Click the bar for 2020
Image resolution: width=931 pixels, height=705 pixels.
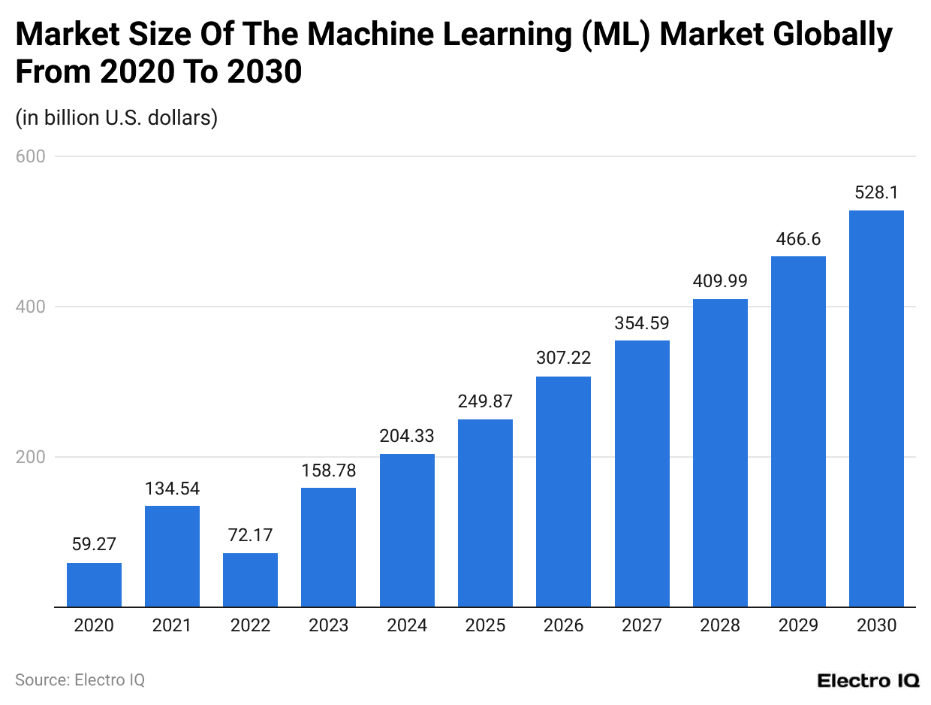click(x=94, y=585)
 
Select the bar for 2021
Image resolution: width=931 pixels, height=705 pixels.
click(x=172, y=556)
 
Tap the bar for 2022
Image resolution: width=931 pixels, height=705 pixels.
click(x=250, y=579)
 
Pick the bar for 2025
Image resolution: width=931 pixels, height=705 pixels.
click(x=485, y=513)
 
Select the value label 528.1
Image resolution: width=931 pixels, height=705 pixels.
click(x=876, y=193)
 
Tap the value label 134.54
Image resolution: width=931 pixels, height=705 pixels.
click(x=172, y=489)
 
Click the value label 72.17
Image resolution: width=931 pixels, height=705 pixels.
click(x=250, y=536)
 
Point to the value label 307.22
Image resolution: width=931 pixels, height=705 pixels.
click(x=563, y=359)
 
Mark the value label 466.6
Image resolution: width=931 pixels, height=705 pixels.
click(x=798, y=239)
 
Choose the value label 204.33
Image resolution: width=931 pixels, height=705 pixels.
click(x=407, y=436)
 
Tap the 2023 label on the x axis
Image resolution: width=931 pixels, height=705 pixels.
click(x=328, y=625)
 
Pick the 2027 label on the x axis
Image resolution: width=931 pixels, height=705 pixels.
click(x=642, y=625)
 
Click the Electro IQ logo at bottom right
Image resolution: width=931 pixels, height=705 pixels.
click(x=868, y=680)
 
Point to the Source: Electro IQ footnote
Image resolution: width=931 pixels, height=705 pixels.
click(x=80, y=680)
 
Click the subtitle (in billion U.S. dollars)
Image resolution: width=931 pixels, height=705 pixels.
click(x=116, y=118)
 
